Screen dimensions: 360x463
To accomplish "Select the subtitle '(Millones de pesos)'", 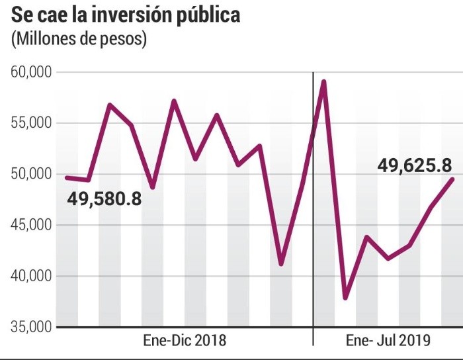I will [x=79, y=39].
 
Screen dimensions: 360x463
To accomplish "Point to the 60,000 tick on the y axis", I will [x=32, y=72].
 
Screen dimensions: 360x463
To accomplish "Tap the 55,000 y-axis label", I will [x=32, y=123].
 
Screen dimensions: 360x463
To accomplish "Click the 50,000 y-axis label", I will [x=32, y=174].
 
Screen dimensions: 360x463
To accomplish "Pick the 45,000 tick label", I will [x=32, y=225].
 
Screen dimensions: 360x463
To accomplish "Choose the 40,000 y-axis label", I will [x=32, y=276].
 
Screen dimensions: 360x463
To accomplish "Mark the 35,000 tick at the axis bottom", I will [x=32, y=327].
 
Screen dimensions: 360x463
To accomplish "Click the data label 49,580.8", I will [x=104, y=197].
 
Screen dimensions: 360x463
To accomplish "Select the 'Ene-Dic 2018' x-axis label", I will [x=185, y=341].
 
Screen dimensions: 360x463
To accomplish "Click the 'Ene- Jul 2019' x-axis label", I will [x=388, y=341].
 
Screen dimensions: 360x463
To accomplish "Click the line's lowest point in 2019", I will [x=345, y=298].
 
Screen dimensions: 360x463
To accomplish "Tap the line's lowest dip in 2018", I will [x=281, y=264].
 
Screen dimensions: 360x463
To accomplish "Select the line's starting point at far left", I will [x=67, y=177].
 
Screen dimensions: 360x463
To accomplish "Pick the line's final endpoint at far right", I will [x=452, y=179].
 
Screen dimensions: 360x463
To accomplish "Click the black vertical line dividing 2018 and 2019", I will [x=313, y=212].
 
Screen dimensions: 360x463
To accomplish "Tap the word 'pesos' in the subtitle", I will [x=125, y=39].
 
